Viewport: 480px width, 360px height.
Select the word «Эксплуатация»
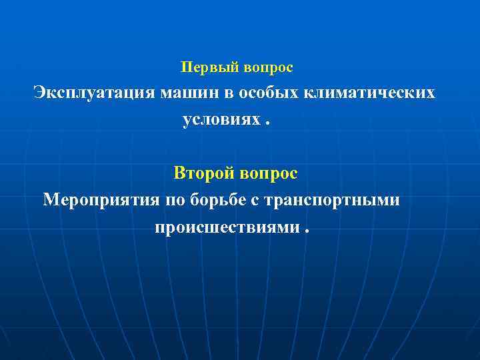(95, 93)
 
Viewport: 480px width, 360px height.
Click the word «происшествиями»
(227, 227)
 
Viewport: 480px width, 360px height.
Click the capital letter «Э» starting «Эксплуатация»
(40, 93)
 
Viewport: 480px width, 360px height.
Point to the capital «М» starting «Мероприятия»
(51, 200)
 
